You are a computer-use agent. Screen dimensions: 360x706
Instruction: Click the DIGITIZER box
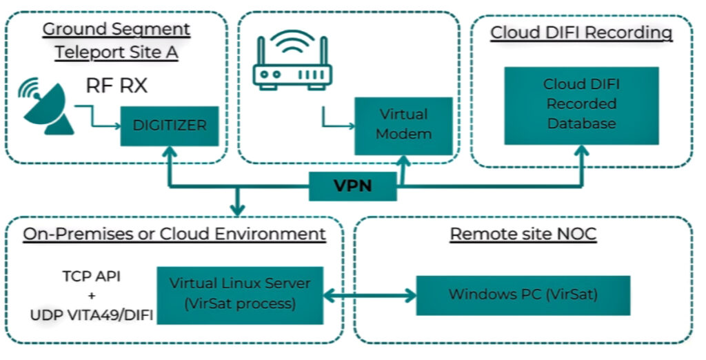(170, 126)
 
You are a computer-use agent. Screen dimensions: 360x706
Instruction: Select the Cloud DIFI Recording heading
(581, 32)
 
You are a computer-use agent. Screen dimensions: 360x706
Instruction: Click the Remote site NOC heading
(523, 234)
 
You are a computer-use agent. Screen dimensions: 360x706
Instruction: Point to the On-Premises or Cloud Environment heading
(174, 234)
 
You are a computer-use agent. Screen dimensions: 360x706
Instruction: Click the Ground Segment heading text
(116, 30)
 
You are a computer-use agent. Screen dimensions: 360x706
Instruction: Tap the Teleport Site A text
(116, 52)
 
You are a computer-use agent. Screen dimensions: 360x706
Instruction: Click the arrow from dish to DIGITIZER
(97, 117)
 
